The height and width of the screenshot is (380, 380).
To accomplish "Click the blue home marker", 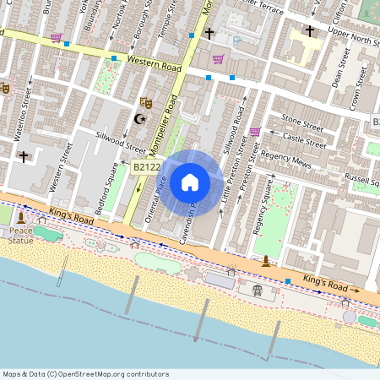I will pyautogui.click(x=190, y=181).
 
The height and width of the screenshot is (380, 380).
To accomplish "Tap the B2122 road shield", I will pyautogui.click(x=146, y=167).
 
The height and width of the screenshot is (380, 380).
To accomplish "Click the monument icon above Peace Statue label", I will pyautogui.click(x=20, y=219).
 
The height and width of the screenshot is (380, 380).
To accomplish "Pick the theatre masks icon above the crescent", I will pyautogui.click(x=145, y=101).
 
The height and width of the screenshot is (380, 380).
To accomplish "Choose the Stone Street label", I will pyautogui.click(x=302, y=122).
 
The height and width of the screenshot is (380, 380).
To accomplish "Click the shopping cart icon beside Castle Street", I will pyautogui.click(x=255, y=132).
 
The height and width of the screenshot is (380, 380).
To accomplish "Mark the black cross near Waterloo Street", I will pyautogui.click(x=24, y=156).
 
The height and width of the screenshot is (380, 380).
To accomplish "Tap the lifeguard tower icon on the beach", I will pyautogui.click(x=258, y=290).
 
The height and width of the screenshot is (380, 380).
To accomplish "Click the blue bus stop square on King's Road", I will pyautogui.click(x=288, y=280).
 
